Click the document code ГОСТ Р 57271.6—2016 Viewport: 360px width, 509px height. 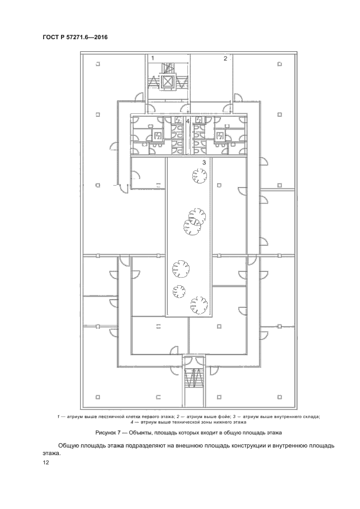coord(75,38)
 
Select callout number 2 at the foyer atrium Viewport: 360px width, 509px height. coord(225,58)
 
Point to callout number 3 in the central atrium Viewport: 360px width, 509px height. coord(204,163)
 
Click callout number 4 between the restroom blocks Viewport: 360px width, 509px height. coord(188,121)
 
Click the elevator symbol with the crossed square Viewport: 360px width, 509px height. coord(167,82)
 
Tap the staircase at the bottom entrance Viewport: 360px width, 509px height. coord(193,378)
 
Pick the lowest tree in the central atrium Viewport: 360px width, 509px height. coord(199,305)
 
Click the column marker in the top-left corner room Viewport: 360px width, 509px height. coord(97,64)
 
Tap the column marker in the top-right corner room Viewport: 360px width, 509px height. coord(279,64)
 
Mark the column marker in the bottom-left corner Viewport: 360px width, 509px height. coord(97,397)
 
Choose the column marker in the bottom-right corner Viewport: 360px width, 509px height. coord(280,397)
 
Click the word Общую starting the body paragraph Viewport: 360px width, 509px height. coord(68,446)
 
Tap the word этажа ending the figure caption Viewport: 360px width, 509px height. coord(272,433)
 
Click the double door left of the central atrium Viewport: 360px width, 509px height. coord(121,188)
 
